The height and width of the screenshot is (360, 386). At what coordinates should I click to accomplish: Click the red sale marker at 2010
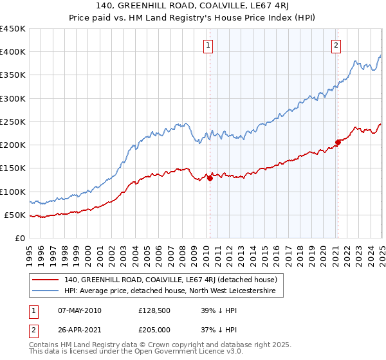[x=210, y=179]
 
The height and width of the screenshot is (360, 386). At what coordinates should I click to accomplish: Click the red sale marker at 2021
[x=338, y=142]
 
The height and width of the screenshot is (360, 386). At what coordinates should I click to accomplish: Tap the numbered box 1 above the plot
[x=209, y=45]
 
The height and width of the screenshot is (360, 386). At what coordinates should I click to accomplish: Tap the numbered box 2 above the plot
[x=336, y=45]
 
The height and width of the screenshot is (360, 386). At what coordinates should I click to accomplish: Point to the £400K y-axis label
[x=13, y=52]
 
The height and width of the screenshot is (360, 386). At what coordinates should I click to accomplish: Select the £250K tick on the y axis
[x=13, y=122]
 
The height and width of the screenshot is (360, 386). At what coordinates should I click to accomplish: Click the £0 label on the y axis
[x=19, y=238]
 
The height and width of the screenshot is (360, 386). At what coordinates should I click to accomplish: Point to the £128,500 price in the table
[x=153, y=310]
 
